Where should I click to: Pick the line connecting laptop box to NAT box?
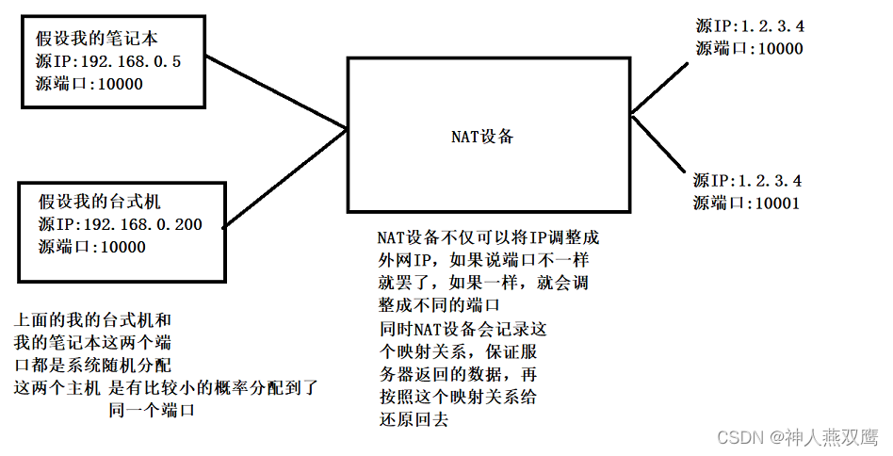[x=277, y=95]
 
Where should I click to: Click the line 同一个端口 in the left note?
[x=145, y=408]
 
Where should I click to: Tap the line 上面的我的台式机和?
[x=92, y=320]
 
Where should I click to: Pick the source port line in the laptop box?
[x=89, y=84]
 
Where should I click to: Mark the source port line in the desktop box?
[x=92, y=247]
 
